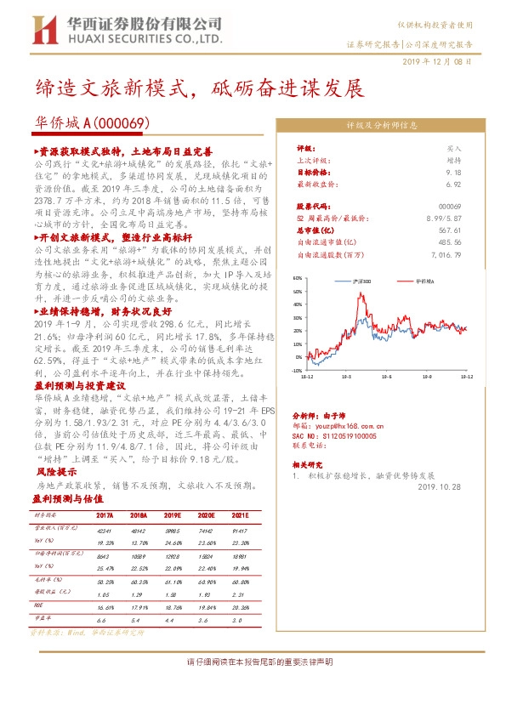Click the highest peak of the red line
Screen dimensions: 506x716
pos(361,295)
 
